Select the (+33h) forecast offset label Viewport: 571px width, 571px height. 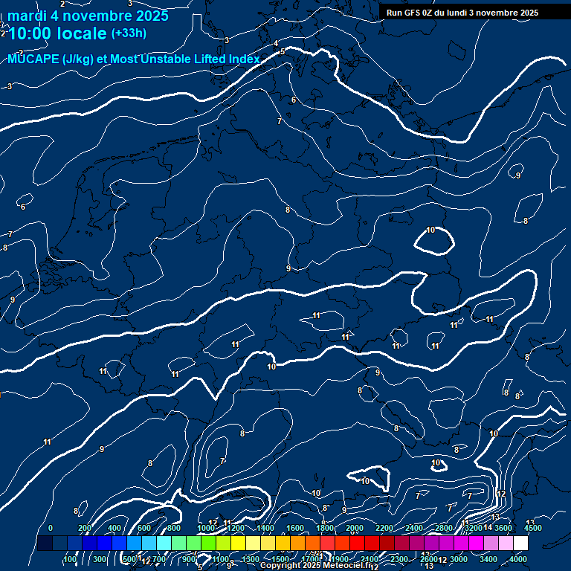point(129,33)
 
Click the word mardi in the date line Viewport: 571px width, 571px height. point(27,16)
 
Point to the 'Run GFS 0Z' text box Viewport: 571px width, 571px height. point(462,13)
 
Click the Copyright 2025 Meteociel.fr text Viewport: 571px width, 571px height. point(316,566)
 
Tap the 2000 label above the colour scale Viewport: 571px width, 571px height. point(355,528)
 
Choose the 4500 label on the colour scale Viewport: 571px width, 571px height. point(532,528)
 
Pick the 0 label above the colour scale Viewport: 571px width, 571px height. point(51,528)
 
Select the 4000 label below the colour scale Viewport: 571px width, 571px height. point(518,559)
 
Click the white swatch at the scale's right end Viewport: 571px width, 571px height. point(520,543)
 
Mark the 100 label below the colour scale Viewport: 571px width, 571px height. point(71,559)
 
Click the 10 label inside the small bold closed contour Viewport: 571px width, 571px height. point(430,230)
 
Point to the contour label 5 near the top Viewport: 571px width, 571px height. point(281,51)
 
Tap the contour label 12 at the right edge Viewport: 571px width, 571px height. point(501,494)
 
